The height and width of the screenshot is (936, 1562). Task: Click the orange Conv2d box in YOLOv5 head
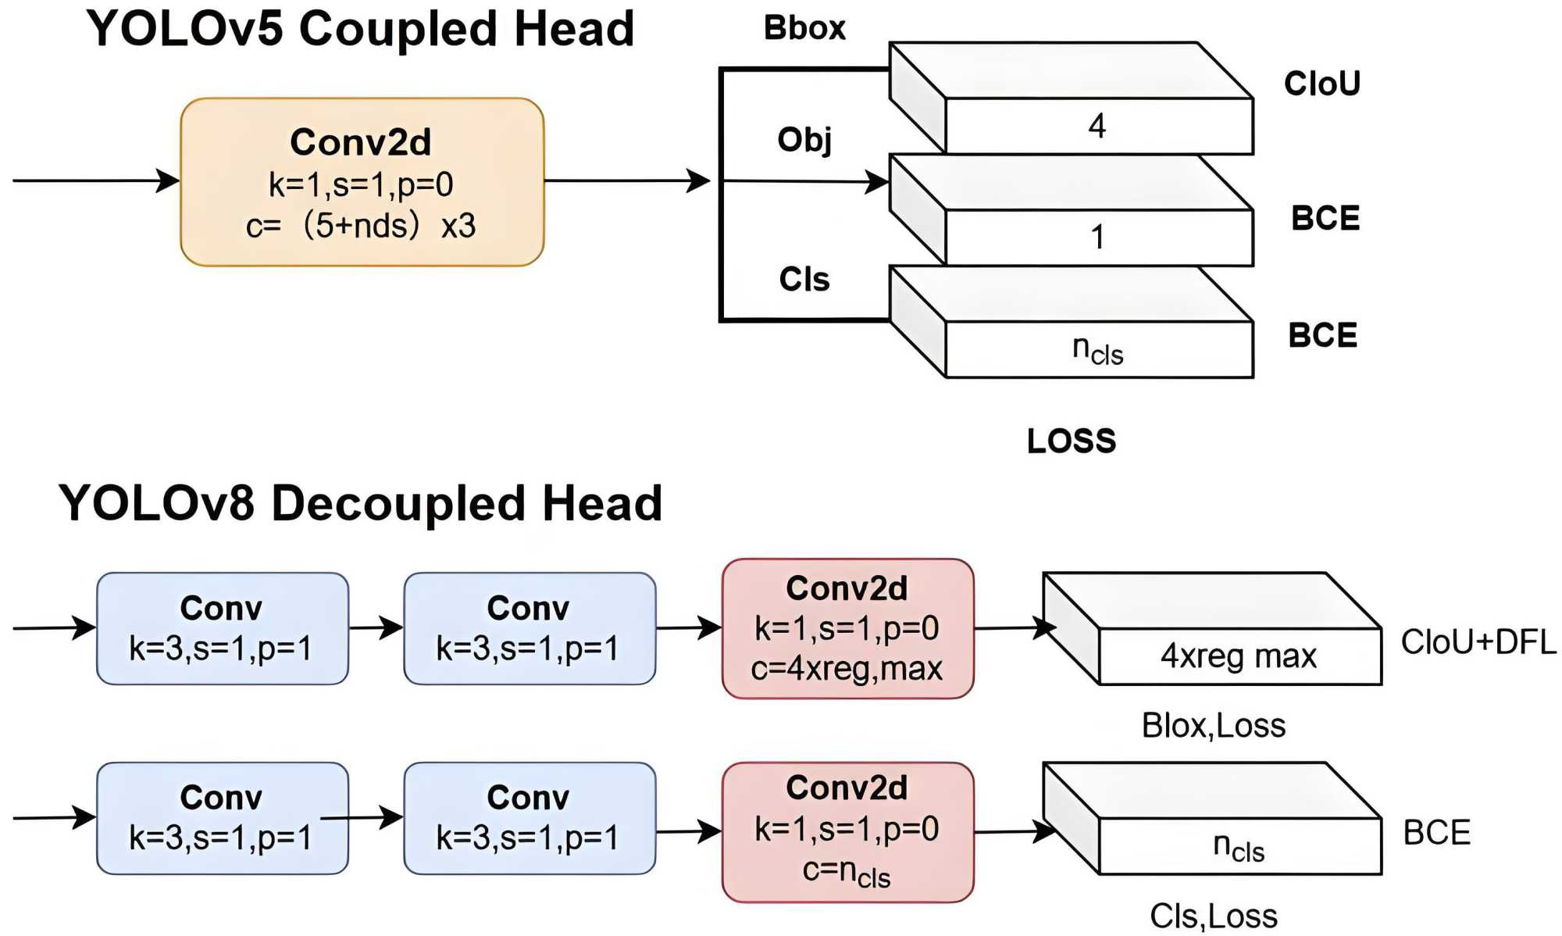[362, 182]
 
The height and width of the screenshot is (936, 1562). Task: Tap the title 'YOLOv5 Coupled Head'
[360, 30]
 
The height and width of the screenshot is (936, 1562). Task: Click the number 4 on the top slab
[1097, 126]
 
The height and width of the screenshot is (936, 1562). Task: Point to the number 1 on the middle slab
[1097, 237]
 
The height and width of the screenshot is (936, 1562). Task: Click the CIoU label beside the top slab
[1322, 84]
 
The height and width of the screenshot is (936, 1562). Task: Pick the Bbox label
[804, 28]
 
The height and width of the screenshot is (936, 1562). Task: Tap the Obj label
[804, 140]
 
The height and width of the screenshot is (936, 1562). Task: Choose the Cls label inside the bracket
[804, 279]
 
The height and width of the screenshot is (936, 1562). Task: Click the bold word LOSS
[1072, 441]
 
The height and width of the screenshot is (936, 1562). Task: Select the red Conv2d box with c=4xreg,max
[847, 628]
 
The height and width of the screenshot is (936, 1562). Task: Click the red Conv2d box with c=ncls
[847, 832]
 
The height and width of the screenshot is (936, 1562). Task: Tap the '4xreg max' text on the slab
[1239, 656]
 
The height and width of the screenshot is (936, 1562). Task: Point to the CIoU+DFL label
[1478, 642]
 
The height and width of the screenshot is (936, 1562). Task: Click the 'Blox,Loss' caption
[1214, 726]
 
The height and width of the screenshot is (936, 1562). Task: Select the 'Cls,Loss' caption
[1214, 916]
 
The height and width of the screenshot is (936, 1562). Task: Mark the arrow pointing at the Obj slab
[804, 181]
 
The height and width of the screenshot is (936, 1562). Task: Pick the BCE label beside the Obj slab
[1325, 218]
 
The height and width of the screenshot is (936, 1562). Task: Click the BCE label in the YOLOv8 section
[1437, 833]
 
